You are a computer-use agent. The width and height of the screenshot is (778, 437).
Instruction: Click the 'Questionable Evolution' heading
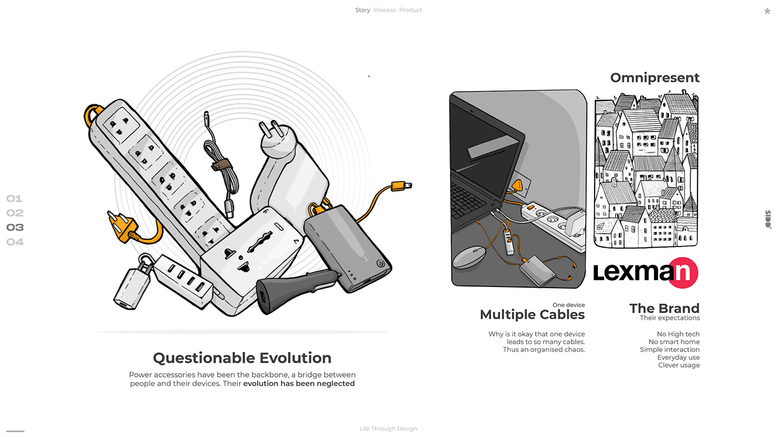pos(242,358)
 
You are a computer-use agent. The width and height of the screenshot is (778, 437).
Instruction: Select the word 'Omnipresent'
pos(655,78)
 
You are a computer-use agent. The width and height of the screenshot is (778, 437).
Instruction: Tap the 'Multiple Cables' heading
pos(532,314)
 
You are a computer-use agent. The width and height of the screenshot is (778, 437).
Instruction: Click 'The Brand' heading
pos(665,308)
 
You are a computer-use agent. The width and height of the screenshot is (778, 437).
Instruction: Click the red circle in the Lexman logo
pos(683,273)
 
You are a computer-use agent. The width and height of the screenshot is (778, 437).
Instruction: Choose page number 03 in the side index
pos(15,227)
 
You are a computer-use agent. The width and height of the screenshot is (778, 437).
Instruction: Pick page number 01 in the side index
pos(14,199)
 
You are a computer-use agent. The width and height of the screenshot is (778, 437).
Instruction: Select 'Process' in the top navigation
pos(385,10)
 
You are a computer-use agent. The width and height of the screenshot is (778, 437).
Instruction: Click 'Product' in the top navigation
pos(411,10)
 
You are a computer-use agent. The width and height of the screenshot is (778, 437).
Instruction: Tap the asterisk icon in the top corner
pos(767,11)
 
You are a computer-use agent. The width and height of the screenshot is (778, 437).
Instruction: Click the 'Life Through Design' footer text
pos(388,429)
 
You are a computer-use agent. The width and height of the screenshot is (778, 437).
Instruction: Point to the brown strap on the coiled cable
pos(221,164)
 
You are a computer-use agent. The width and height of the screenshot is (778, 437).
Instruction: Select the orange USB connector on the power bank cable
pos(401,186)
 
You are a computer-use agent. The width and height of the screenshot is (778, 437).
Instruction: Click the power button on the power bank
pos(381,263)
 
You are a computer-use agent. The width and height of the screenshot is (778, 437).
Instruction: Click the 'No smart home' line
pos(674,342)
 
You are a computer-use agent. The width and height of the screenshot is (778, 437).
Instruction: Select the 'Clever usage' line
pos(679,365)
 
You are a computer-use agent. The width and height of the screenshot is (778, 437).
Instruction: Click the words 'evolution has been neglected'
pos(299,384)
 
